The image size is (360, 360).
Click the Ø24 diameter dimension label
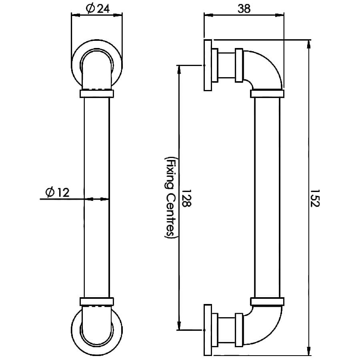tap(98, 8)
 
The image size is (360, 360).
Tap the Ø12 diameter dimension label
tap(57, 192)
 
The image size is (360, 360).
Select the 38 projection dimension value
tap(244, 9)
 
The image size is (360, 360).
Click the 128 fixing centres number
tap(186, 198)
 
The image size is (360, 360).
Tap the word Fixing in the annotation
tap(170, 172)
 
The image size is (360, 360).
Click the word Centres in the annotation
tap(170, 215)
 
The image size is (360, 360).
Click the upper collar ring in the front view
tap(97, 94)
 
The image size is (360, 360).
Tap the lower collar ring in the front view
tap(97, 302)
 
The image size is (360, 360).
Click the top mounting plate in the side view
tap(208, 65)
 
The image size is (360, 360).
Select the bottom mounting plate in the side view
tap(208, 330)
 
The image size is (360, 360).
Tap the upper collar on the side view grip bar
tap(267, 94)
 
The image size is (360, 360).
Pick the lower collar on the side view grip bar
tap(267, 302)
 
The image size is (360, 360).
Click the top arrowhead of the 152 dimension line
tap(309, 44)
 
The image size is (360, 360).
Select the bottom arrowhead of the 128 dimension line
tap(179, 326)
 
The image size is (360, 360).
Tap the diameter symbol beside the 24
tap(90, 9)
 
